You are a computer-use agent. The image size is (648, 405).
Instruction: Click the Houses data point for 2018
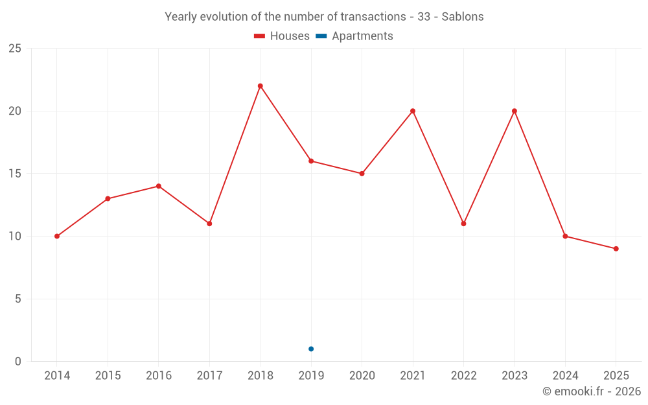[260, 86]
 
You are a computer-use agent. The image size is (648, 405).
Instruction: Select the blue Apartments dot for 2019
[311, 349]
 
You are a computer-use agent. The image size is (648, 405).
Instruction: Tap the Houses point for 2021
[413, 111]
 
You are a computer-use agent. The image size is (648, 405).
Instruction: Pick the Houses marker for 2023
[515, 111]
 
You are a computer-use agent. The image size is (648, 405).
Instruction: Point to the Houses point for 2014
[57, 237]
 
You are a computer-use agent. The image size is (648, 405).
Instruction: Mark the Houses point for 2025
[616, 249]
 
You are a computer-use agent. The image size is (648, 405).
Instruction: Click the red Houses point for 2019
[311, 161]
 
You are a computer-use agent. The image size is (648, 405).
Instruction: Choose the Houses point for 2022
[464, 224]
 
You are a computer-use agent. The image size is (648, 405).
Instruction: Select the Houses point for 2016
[159, 187]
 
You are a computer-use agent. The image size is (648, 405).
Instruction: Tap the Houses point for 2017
[209, 224]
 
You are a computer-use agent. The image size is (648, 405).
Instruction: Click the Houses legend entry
[282, 36]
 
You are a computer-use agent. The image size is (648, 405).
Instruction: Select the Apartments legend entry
[354, 36]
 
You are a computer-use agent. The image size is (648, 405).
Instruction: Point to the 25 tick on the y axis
[15, 49]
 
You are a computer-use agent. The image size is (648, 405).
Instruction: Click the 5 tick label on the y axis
[17, 299]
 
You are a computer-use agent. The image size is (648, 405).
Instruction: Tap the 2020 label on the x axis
[362, 375]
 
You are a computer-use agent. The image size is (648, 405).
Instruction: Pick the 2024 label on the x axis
[565, 375]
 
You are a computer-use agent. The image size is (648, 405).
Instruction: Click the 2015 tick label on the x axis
[108, 375]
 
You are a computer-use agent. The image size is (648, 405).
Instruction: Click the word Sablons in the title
[463, 17]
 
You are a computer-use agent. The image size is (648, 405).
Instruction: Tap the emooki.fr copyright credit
[592, 391]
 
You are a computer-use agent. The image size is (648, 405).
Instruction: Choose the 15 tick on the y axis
[15, 174]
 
